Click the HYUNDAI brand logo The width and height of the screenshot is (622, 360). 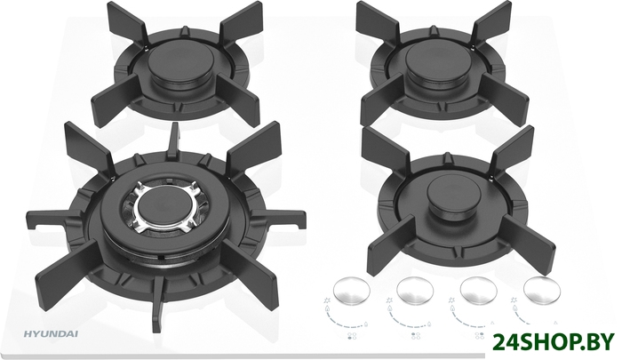pos(51,334)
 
